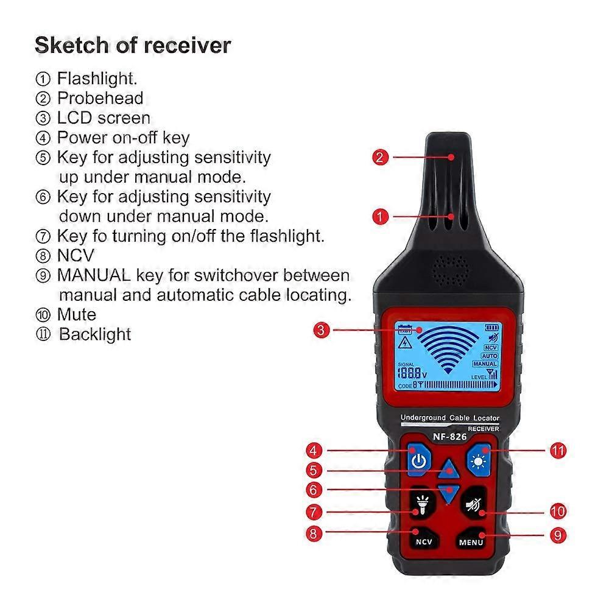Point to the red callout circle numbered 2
click(x=380, y=157)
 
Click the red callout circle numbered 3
click(x=322, y=331)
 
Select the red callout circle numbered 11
click(x=558, y=451)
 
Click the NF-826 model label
click(x=449, y=436)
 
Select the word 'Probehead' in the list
click(x=100, y=98)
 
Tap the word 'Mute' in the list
click(x=77, y=314)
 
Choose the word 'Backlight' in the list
click(x=95, y=334)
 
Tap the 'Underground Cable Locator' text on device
click(x=449, y=418)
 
